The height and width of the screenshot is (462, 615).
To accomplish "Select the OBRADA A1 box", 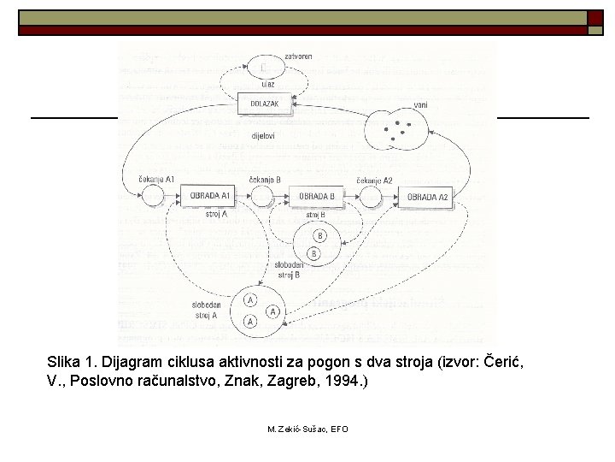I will (x=207, y=197).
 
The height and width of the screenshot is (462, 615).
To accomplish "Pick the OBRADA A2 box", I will (x=427, y=198).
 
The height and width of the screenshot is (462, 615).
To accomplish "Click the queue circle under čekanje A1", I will (x=154, y=198).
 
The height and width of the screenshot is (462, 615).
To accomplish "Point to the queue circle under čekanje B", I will (x=263, y=198).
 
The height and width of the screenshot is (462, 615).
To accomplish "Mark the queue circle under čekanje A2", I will (x=371, y=198).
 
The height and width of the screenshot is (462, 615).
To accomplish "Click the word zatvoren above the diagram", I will (x=298, y=56).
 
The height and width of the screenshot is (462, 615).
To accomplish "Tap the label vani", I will (x=419, y=104).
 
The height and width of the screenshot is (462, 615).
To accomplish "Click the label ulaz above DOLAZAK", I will (x=268, y=84).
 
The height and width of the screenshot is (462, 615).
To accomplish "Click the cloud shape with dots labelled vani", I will (x=398, y=130).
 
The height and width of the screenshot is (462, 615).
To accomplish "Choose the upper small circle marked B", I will (x=319, y=235).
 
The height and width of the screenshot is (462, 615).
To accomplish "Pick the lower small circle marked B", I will (x=314, y=253).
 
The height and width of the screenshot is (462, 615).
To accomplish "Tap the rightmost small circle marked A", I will (x=273, y=311).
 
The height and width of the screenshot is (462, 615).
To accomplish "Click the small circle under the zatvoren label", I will (x=264, y=66).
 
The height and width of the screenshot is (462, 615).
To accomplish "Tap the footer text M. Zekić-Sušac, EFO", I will (x=307, y=428).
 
